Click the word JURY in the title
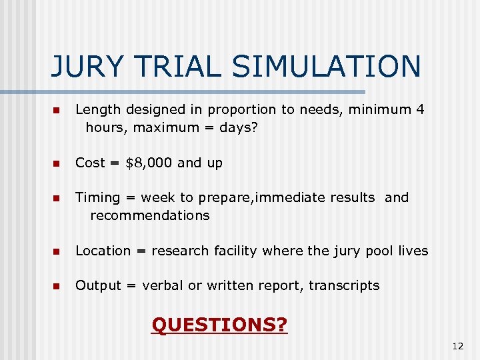[x=85, y=67]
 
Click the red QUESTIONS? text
[x=219, y=325]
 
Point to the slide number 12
[x=457, y=345]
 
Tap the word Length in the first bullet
[x=97, y=109]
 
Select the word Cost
[x=90, y=163]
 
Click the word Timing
[x=97, y=198]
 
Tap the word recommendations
[x=150, y=215]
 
